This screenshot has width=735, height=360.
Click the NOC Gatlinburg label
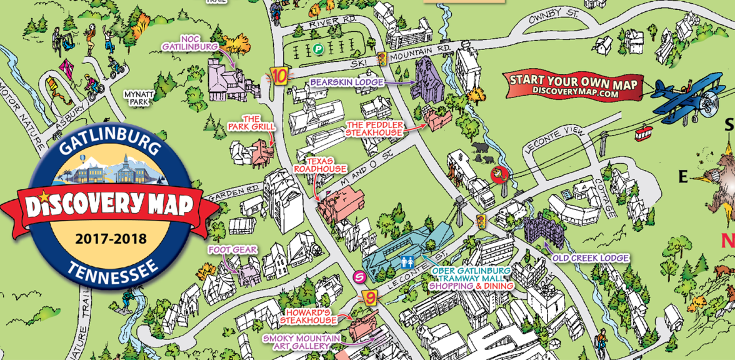click(x=190, y=42)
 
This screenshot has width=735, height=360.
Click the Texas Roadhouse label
click(x=320, y=164)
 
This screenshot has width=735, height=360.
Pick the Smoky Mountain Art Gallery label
click(x=302, y=342)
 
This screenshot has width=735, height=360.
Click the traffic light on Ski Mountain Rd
click(x=381, y=59)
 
